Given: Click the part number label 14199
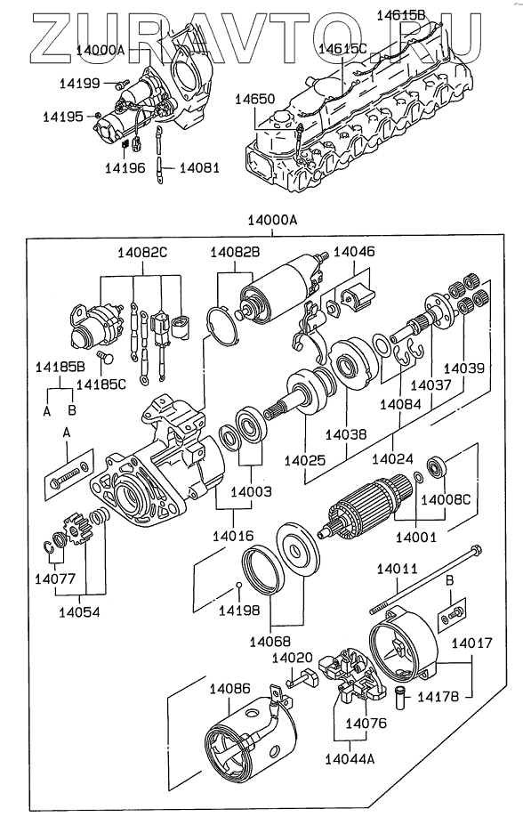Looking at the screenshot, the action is click(79, 84).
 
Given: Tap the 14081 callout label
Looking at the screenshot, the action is click(199, 168).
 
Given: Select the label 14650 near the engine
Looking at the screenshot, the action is click(254, 99).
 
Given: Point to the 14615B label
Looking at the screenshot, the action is click(400, 15).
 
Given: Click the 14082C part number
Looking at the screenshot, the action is click(142, 253).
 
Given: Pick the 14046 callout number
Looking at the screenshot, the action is click(354, 252).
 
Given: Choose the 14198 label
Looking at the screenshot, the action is click(238, 611).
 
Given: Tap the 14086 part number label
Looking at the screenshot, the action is click(229, 689).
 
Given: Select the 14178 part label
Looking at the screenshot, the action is click(439, 697).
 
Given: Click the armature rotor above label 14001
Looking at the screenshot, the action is click(364, 507).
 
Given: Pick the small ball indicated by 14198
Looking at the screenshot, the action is click(238, 584).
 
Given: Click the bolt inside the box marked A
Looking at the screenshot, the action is click(68, 473).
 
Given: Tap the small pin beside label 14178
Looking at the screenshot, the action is click(401, 698).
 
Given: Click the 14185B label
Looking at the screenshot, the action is click(60, 367).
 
